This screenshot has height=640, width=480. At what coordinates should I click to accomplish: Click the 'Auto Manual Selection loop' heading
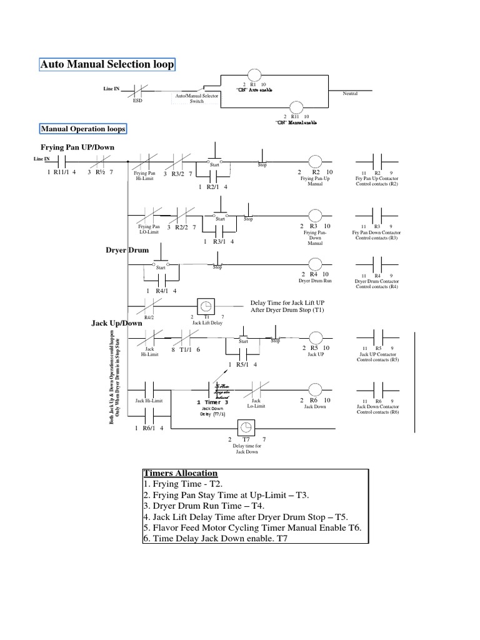click(x=107, y=64)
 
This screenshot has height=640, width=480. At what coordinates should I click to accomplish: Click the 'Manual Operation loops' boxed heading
click(x=83, y=129)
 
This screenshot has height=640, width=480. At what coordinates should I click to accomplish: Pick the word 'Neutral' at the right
click(x=352, y=93)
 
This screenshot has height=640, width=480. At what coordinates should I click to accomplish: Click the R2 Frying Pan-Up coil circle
click(x=314, y=161)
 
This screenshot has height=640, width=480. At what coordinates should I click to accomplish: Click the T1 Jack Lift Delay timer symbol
click(x=205, y=306)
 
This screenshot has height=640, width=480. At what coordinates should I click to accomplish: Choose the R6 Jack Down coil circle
click(x=314, y=387)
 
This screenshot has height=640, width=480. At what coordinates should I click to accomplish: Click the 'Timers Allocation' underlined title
click(x=180, y=473)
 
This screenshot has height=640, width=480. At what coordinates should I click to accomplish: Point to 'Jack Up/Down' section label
click(x=117, y=323)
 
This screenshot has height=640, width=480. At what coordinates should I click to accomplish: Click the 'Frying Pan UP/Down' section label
click(x=77, y=147)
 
